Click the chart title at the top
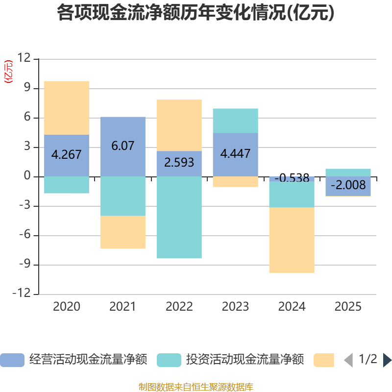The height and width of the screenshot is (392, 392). click(196, 13)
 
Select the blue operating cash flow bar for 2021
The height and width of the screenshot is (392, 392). click(123, 147)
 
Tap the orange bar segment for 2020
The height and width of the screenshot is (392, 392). click(67, 108)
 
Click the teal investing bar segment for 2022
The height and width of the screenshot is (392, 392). click(179, 217)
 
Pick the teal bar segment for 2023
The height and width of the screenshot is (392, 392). click(236, 121)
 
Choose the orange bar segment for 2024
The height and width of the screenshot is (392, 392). click(292, 240)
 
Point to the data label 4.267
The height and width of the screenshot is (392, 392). click(67, 154)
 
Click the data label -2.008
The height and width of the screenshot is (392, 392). click(348, 185)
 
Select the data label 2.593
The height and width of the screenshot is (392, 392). click(179, 163)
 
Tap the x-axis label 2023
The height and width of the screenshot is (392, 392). click(236, 307)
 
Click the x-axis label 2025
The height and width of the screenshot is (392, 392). click(348, 307)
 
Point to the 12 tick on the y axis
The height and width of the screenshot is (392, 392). click(24, 58)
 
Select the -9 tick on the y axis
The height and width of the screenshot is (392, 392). click(25, 264)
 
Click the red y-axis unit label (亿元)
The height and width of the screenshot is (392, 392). click(8, 72)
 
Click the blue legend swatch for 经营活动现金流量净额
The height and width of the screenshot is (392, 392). click(12, 360)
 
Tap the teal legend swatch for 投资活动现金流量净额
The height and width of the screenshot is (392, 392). click(169, 360)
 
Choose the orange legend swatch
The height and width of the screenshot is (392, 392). click(324, 360)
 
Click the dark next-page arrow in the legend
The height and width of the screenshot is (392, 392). click(388, 360)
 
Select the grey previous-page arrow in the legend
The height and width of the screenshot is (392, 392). click(348, 360)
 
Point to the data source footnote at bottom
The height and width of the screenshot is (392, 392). click(196, 387)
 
